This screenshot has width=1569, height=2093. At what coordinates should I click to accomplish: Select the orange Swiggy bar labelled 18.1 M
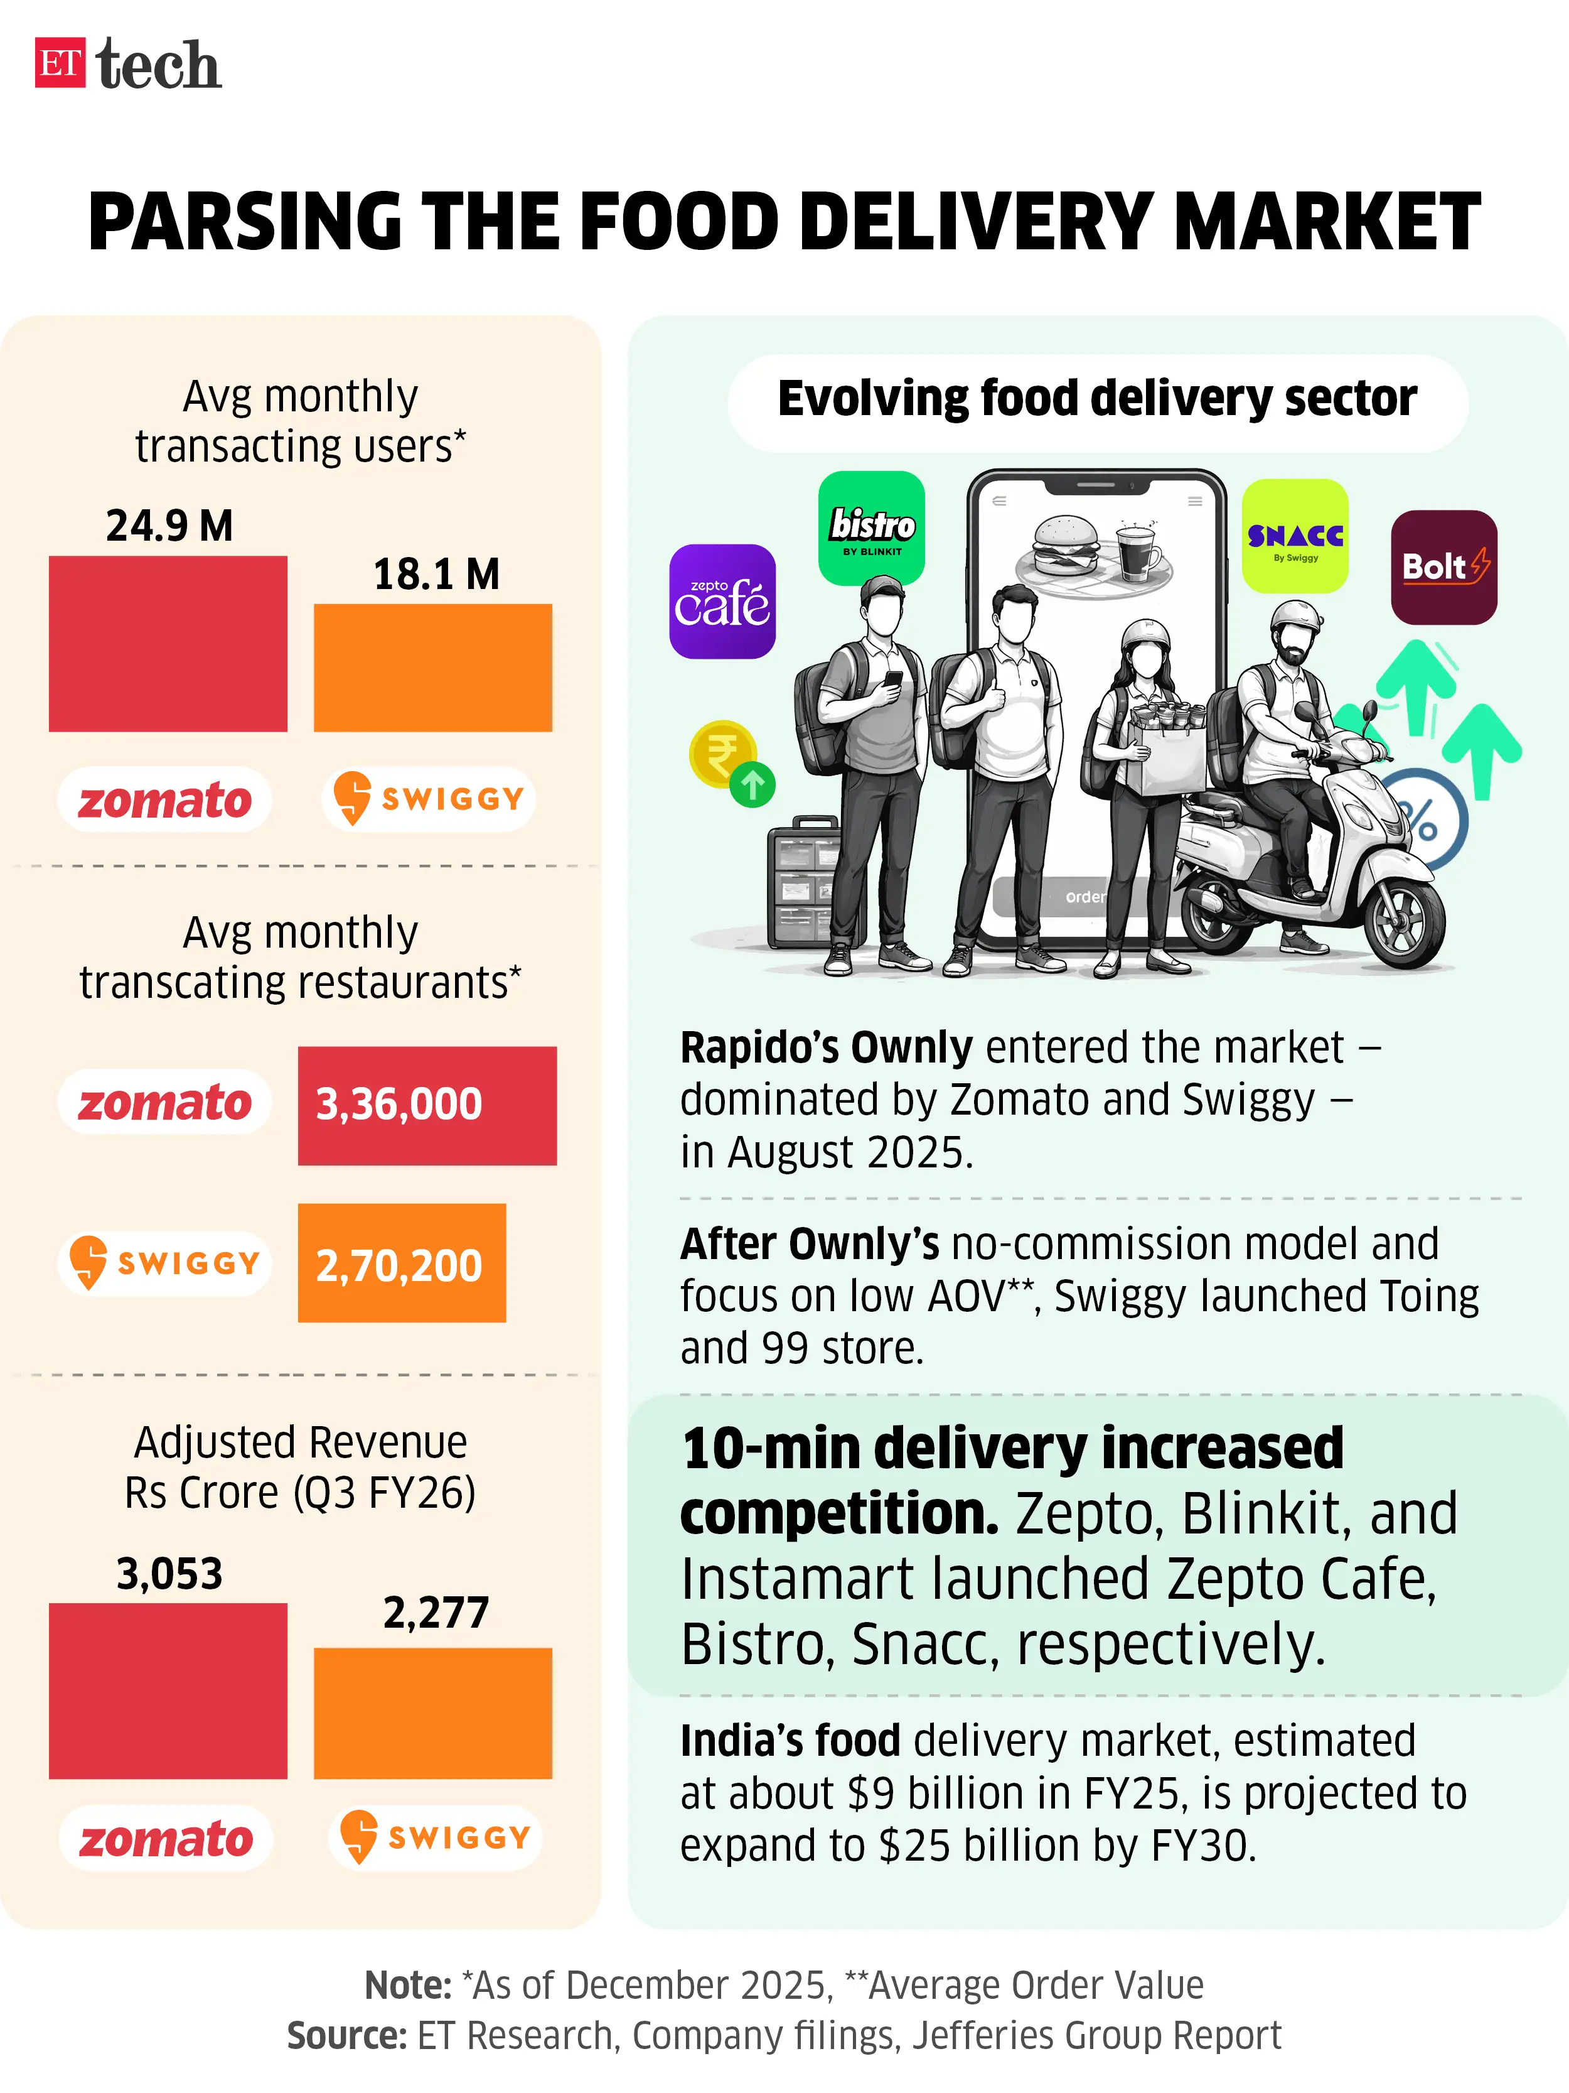click(432, 668)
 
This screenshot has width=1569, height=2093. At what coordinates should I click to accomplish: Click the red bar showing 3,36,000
click(427, 1105)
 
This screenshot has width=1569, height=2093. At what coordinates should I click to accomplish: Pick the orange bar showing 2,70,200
click(401, 1263)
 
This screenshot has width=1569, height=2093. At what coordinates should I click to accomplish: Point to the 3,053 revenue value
click(169, 1574)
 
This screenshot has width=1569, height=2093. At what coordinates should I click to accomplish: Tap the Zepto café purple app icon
click(722, 601)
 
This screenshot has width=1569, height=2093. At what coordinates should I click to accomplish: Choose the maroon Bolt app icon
click(1443, 567)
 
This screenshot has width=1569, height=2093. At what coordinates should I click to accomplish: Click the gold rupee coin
click(722, 753)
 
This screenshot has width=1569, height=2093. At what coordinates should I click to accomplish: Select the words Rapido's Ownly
click(826, 1047)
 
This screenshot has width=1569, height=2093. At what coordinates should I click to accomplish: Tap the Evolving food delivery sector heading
click(1096, 398)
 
